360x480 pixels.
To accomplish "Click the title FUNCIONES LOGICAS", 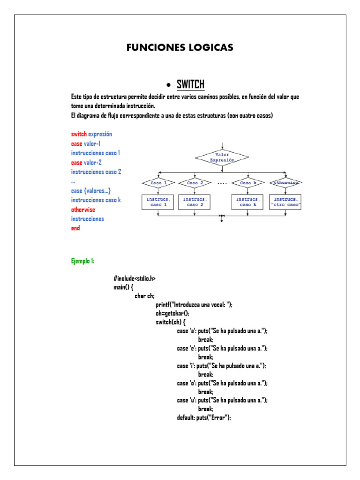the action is pos(180,48).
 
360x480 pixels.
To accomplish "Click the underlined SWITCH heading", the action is pos(190,84).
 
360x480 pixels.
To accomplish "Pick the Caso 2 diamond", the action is pos(195,182).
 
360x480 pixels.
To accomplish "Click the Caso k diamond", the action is pos(248,182).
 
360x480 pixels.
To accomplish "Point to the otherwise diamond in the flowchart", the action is pos(285,182).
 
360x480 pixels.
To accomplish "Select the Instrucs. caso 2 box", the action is pos(195,202).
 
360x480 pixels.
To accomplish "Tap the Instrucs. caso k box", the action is pos(248,202).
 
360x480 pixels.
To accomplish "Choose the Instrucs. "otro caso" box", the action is pos(285,202).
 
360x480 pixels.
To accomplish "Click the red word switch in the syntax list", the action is pos(79,134).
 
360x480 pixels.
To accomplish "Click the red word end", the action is pos(75,228).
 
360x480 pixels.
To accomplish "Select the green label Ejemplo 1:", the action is pos(82,261).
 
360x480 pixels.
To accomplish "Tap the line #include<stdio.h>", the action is pos(135,278).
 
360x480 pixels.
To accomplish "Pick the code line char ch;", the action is pos(144,296).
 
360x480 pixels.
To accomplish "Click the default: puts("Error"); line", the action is pos(204,418).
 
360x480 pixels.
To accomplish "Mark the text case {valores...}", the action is pos(91,191).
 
